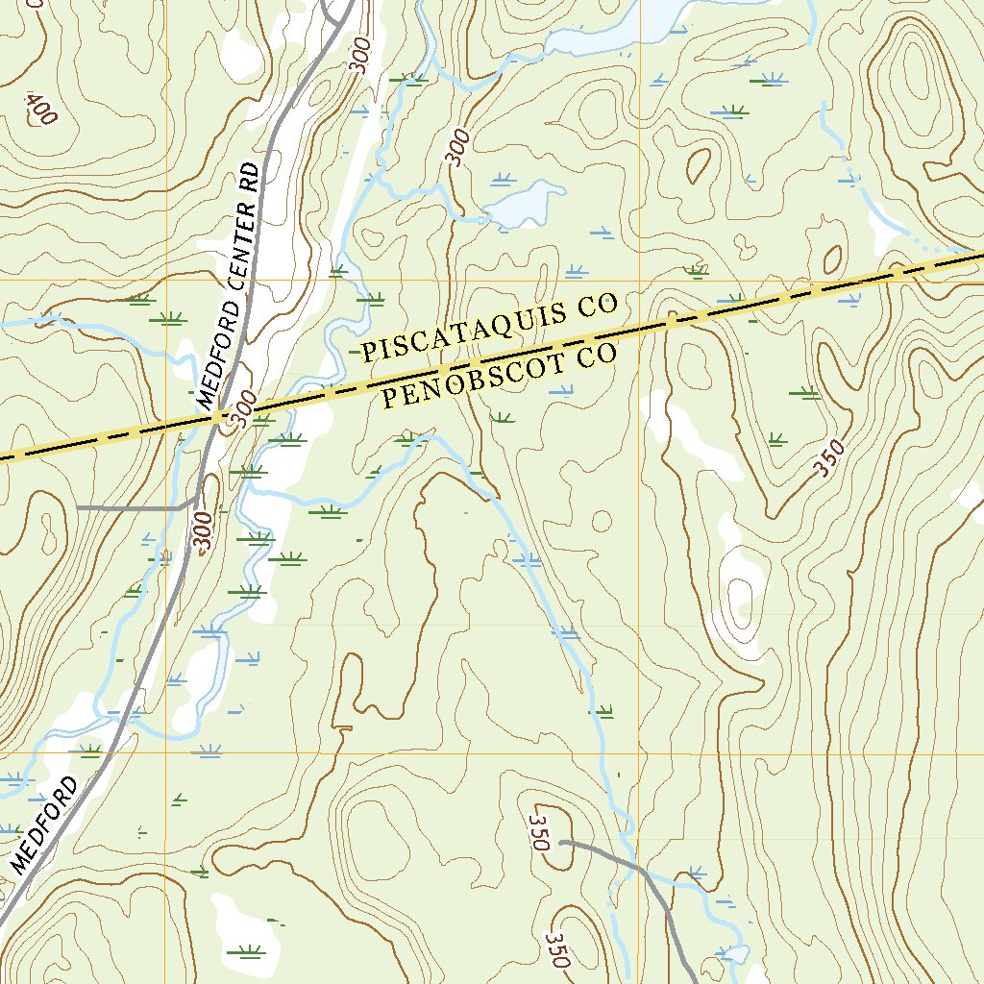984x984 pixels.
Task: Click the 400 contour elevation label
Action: coord(42,109)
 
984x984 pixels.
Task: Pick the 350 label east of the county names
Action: coord(828,458)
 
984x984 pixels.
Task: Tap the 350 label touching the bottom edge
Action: coord(558,949)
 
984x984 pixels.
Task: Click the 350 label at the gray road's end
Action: coord(537,831)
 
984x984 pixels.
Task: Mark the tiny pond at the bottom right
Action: coord(735,953)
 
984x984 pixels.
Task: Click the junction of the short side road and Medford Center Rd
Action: coord(195,501)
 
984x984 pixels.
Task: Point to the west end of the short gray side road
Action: coord(78,506)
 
